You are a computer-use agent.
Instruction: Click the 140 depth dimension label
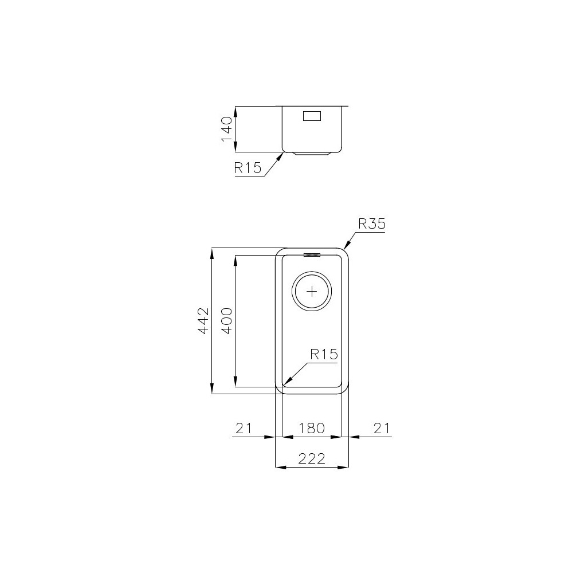click(x=226, y=129)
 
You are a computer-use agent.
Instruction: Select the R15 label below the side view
click(x=248, y=168)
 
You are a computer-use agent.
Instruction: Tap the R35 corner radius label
click(x=371, y=224)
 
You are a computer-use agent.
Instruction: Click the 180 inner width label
click(x=312, y=428)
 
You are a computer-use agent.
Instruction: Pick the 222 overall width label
click(x=312, y=458)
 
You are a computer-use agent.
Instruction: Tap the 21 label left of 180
click(x=244, y=428)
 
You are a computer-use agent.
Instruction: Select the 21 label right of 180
click(x=382, y=428)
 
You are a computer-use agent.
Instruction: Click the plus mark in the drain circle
click(x=312, y=291)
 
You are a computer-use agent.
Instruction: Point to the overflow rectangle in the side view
click(x=312, y=116)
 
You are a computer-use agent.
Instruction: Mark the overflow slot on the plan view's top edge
click(x=312, y=255)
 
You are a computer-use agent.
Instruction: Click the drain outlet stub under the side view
click(x=312, y=154)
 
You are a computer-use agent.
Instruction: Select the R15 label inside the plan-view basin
click(x=324, y=355)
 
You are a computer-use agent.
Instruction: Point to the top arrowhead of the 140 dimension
click(x=235, y=109)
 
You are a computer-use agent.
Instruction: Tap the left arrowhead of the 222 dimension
click(x=280, y=468)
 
